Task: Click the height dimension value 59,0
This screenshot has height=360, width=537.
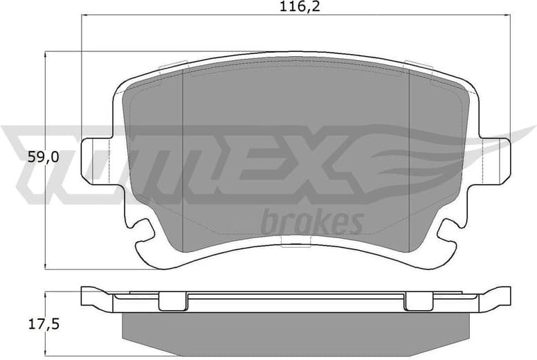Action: (x=43, y=157)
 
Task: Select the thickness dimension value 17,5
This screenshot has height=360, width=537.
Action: (x=43, y=324)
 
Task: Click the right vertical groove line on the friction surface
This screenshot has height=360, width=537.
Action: (x=410, y=159)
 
